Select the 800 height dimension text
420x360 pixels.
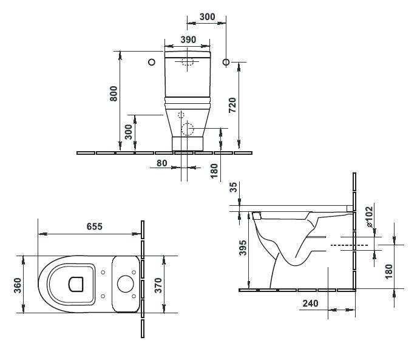[113, 93]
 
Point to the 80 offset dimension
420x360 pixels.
[161, 163]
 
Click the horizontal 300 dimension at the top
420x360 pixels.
[208, 17]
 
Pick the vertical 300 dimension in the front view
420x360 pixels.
[129, 132]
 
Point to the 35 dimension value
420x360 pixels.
[234, 189]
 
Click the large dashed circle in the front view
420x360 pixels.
[188, 129]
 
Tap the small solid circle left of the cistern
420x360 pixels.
[151, 62]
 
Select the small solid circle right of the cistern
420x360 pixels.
[226, 62]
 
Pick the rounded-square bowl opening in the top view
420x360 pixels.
[76, 284]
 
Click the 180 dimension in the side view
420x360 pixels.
[388, 268]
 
